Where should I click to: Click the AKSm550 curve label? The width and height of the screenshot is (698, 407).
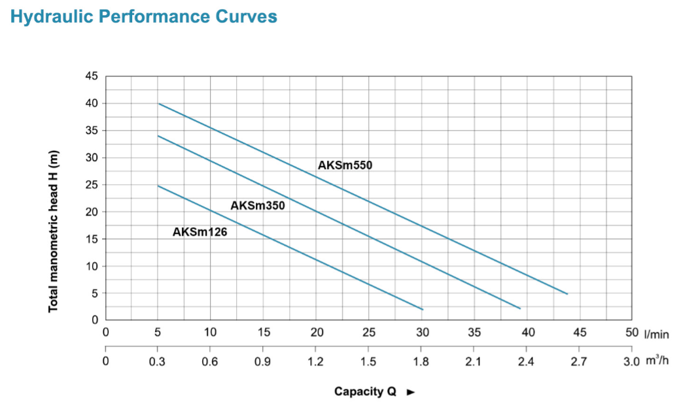coord(345,165)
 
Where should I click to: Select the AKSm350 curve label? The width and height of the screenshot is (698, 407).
coord(258,206)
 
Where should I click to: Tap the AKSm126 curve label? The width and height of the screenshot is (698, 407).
coord(200,231)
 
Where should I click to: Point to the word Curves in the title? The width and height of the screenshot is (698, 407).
coord(247,17)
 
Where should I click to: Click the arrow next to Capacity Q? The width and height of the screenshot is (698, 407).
coord(411,392)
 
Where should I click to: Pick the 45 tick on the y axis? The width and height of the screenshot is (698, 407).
coord(91,76)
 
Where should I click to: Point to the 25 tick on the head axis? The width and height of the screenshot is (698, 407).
coord(91,185)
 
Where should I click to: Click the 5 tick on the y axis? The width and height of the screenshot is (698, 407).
coord(94,293)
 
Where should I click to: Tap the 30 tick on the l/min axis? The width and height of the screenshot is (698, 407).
coord(422,333)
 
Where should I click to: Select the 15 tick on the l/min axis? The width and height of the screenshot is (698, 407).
coord(264,333)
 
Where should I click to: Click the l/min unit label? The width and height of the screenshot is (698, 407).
coord(657,334)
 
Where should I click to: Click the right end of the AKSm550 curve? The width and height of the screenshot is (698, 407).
coord(567,294)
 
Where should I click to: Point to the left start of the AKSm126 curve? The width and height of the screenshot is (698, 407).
coord(158,186)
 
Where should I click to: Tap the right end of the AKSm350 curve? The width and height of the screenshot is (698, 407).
coord(520,308)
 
